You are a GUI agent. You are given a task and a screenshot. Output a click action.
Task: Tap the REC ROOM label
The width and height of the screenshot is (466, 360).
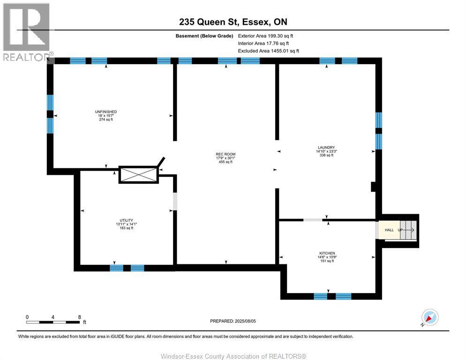click(225, 154)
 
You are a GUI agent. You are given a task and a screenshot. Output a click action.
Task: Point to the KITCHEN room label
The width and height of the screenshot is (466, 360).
click(327, 253)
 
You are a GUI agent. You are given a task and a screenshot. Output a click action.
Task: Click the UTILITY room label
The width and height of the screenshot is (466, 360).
click(126, 220)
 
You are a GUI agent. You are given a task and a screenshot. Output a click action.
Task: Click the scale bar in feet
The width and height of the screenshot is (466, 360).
click(53, 322)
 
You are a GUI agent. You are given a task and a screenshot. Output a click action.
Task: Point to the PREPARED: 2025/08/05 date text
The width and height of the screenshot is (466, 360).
click(233, 321)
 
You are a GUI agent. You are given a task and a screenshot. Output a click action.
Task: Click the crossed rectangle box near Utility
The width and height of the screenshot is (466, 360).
click(138, 175)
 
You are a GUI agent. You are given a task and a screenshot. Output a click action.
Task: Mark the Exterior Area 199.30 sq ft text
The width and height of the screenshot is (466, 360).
click(265, 36)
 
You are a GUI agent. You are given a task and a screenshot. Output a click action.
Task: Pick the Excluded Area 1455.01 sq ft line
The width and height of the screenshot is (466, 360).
click(268, 51)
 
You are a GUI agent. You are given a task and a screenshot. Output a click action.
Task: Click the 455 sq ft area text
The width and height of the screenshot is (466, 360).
click(225, 162)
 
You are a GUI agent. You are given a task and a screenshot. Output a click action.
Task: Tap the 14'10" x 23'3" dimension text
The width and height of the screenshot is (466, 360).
click(324, 151)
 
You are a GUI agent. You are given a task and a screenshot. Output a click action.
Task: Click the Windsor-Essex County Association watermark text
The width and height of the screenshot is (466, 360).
click(233, 356)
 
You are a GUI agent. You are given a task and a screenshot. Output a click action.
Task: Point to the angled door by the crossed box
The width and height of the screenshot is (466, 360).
click(160, 163)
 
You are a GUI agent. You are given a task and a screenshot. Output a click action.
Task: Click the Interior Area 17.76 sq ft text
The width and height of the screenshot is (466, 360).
click(263, 43)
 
